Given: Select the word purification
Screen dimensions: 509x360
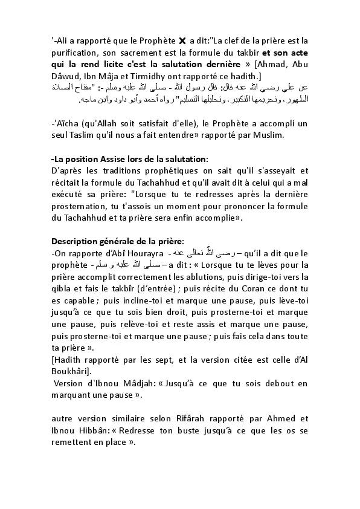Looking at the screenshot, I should tap(77, 52).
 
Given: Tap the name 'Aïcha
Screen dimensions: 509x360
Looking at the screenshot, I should tap(66, 123).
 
